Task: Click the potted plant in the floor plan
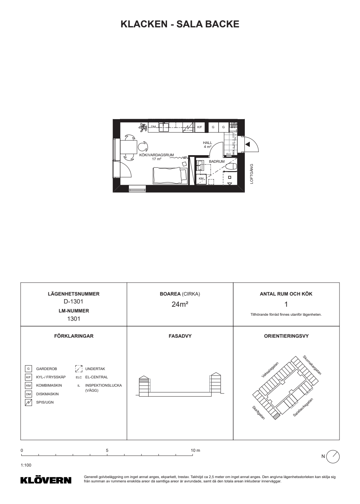(x=143, y=127)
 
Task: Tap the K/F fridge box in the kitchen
(x=199, y=127)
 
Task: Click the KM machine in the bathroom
(x=201, y=179)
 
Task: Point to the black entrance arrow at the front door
(x=248, y=144)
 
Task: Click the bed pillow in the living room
(x=184, y=175)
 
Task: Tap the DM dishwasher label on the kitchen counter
(x=153, y=127)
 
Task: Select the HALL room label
(x=207, y=143)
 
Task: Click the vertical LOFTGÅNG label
(x=252, y=174)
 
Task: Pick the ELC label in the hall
(x=229, y=154)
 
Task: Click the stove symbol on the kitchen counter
(x=188, y=127)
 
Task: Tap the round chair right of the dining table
(x=143, y=147)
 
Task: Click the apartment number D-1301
(x=73, y=301)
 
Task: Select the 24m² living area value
(x=180, y=304)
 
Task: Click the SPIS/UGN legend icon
(x=28, y=402)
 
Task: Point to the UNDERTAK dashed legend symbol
(x=79, y=369)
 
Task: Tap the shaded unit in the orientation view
(x=276, y=416)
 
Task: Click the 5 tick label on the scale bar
(x=107, y=450)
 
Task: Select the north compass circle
(x=333, y=457)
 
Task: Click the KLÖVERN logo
(x=46, y=480)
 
